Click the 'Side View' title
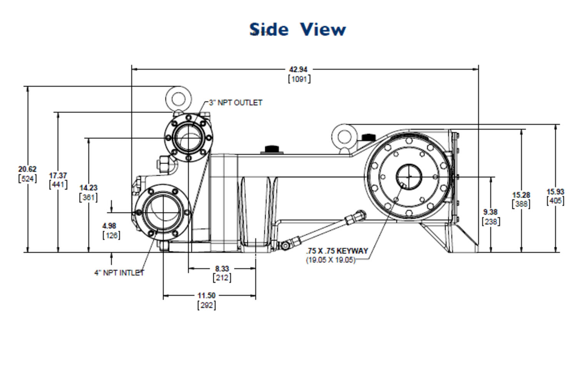point(297,29)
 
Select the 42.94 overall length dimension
point(298,70)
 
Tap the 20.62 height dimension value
point(27,169)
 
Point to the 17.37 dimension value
point(58,175)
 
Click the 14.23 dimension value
point(88,188)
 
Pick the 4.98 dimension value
point(109,226)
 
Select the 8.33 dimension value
point(222,269)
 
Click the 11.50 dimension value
point(206,295)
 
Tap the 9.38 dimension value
point(490,212)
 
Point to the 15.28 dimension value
point(521,195)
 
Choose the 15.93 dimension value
point(555,192)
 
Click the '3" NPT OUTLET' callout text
point(235,103)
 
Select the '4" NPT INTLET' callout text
point(119,273)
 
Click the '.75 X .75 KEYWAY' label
point(337,251)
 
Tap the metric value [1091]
point(299,79)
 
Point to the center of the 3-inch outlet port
point(188,138)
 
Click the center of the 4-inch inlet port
point(163,213)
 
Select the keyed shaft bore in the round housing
point(409,177)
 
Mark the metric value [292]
point(207,305)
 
